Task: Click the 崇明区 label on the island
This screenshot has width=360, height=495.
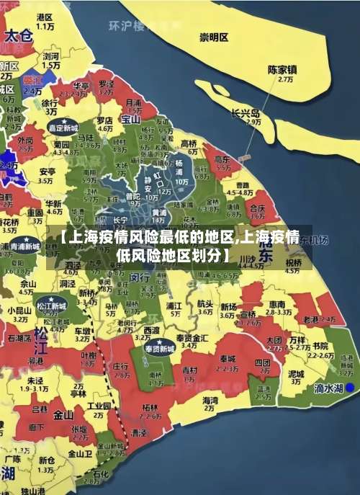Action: tap(214, 37)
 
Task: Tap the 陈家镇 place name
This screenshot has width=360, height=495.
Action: tap(282, 71)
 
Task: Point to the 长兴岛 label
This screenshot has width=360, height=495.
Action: tap(246, 113)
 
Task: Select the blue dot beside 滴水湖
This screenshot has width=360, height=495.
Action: tap(350, 387)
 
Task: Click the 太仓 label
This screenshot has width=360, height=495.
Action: tap(18, 35)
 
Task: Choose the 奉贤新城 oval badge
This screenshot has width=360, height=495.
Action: tap(157, 349)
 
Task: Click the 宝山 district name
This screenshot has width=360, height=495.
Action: tap(130, 119)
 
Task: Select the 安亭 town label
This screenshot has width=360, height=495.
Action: tap(48, 172)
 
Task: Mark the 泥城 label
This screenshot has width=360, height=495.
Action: tap(296, 374)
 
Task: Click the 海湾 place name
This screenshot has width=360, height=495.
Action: tap(210, 400)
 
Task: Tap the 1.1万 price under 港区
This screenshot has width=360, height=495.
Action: tap(46, 26)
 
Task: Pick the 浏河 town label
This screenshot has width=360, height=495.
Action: tap(50, 55)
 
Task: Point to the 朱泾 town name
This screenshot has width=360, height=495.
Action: tap(35, 380)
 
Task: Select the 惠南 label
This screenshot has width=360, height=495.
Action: tap(276, 304)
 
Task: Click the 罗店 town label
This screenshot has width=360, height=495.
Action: tap(104, 120)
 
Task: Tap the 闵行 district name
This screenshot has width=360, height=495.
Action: tap(140, 276)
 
